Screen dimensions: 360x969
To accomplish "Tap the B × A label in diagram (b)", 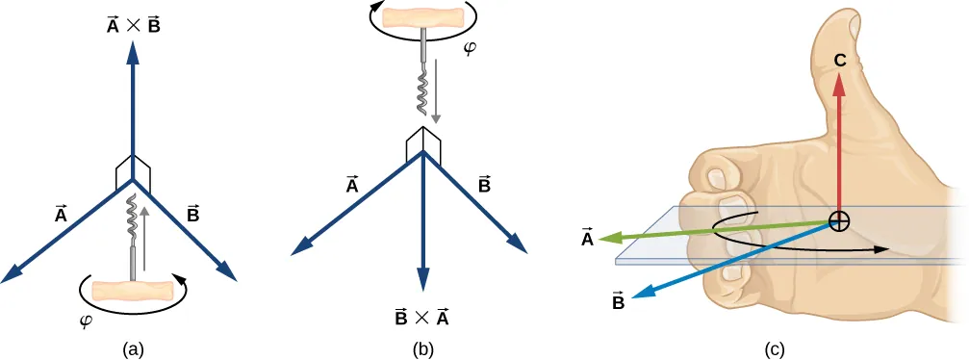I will click(x=421, y=317).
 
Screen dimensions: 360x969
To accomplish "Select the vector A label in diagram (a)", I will click(x=61, y=215).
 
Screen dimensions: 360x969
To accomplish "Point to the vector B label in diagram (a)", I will click(x=192, y=215).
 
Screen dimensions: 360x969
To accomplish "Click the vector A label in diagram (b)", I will click(x=352, y=183).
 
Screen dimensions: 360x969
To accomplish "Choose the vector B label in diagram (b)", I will click(x=484, y=183).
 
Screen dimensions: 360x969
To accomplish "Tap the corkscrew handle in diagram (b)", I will click(x=422, y=17).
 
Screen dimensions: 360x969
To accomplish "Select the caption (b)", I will click(x=423, y=349).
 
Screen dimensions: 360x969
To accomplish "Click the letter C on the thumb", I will click(x=839, y=61).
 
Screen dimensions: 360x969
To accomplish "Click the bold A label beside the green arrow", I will click(x=586, y=237).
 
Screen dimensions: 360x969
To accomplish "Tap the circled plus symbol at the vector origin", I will click(x=839, y=221).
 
